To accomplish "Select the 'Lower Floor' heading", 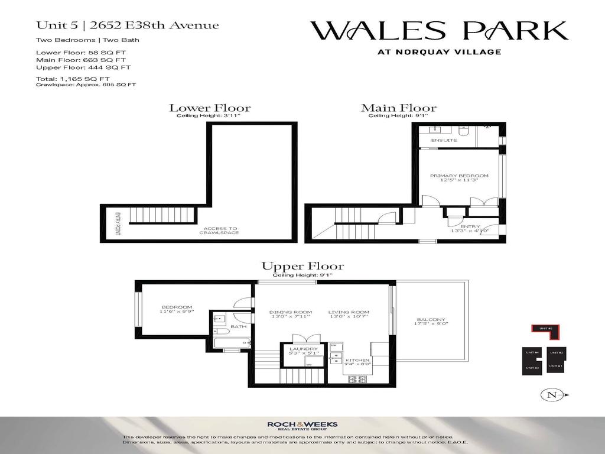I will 210,108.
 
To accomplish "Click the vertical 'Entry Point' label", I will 118,224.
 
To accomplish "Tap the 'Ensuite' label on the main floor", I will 444,141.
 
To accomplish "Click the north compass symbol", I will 554,394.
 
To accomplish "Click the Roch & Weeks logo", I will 302,425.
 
